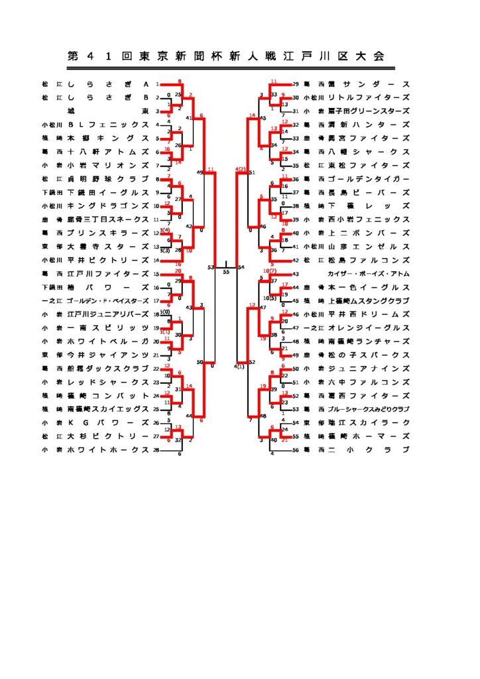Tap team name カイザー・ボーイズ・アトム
pos(368,273)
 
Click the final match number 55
pos(226,272)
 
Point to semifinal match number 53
pos(211,267)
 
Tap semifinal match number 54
pos(241,267)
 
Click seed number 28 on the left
pos(157,450)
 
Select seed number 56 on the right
pos(296,450)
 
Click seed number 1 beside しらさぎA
pos(157,84)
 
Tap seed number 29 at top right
pos(296,84)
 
